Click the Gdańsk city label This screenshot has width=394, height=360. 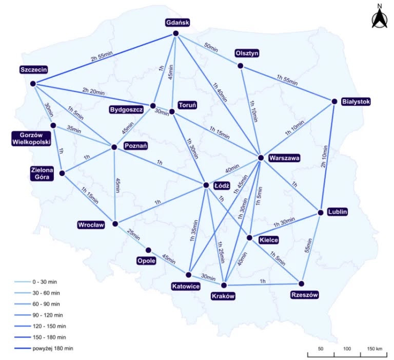[x=178, y=23]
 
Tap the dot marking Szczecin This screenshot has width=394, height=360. [x=33, y=84]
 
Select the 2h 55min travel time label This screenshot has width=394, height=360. [x=102, y=56]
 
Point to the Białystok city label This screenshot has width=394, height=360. [x=356, y=102]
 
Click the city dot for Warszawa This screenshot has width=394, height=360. [x=261, y=158]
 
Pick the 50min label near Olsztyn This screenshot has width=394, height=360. [x=211, y=47]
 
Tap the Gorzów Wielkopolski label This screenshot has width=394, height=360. [x=31, y=139]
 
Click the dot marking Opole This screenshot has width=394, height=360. [x=148, y=250]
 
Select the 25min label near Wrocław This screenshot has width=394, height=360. [x=133, y=235]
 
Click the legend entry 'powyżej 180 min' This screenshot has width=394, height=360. [x=44, y=348]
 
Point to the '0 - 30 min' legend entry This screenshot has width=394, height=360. [x=36, y=282]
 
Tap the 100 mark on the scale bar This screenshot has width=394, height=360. [x=347, y=349]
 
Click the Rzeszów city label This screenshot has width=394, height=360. [x=304, y=295]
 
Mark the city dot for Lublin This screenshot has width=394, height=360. [x=320, y=213]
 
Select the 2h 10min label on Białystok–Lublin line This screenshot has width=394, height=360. [x=324, y=157]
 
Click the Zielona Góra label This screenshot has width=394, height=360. [x=42, y=174]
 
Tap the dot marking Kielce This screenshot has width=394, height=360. [x=249, y=238]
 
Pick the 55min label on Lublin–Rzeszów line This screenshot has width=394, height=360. [x=308, y=245]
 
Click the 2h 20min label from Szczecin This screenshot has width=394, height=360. [x=93, y=91]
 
